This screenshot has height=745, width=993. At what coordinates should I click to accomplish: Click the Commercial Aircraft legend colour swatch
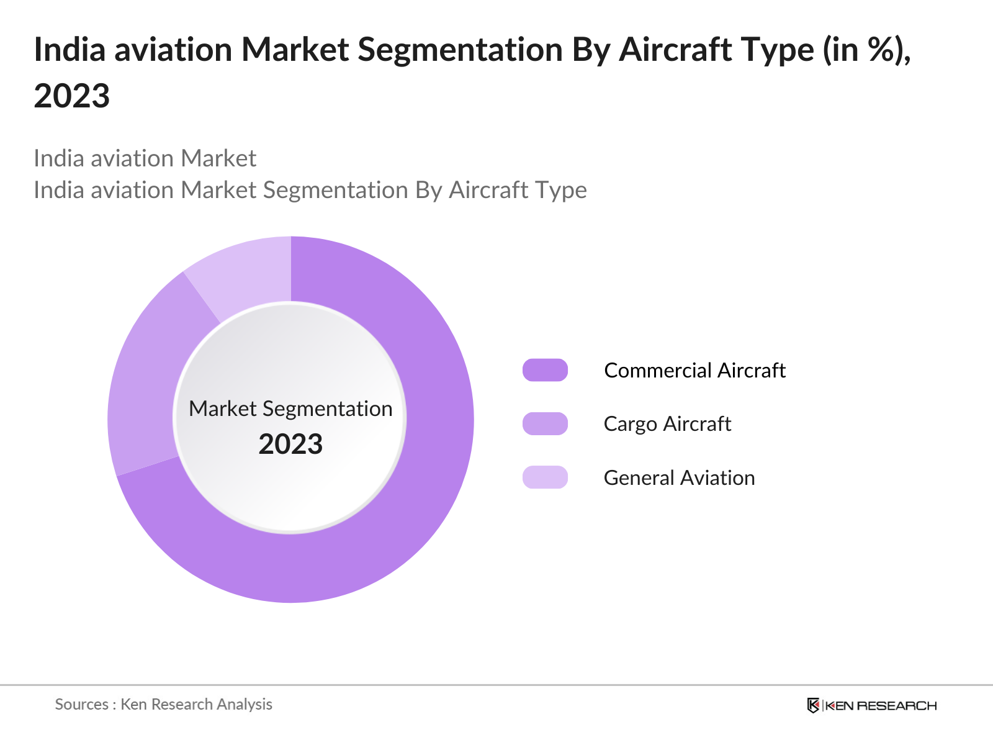click(545, 370)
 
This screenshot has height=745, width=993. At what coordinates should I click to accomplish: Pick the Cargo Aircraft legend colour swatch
click(545, 424)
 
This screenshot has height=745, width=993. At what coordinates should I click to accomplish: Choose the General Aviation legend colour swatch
click(545, 477)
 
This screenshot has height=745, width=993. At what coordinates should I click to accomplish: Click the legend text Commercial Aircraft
click(694, 371)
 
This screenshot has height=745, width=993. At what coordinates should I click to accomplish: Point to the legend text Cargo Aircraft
click(667, 424)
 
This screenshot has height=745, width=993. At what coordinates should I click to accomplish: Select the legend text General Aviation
click(679, 478)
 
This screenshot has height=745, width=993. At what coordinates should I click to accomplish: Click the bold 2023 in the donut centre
click(290, 445)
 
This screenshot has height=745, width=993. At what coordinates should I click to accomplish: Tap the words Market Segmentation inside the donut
click(290, 409)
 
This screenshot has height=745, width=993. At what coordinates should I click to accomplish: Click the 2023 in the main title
click(72, 96)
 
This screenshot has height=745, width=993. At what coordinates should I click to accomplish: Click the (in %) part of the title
click(866, 50)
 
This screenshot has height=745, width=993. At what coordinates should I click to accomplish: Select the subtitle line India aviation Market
click(145, 159)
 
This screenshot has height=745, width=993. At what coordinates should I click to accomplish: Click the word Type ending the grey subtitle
click(562, 191)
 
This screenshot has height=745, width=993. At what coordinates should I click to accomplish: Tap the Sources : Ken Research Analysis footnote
click(163, 705)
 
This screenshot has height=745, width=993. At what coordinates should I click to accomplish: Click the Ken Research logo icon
click(813, 705)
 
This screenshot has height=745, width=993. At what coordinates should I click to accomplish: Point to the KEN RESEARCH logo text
click(881, 706)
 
